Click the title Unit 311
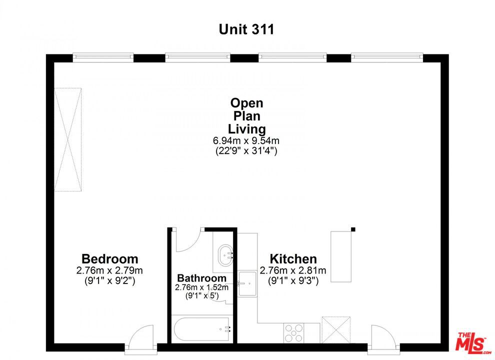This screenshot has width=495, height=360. (x=246, y=29)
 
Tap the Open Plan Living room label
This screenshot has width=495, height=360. (x=246, y=116)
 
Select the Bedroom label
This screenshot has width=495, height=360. (x=109, y=259)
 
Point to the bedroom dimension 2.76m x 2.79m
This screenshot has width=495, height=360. (x=109, y=270)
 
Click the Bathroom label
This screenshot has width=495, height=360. (x=201, y=278)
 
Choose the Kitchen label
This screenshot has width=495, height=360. (x=293, y=259)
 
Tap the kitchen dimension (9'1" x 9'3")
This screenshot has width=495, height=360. (x=293, y=280)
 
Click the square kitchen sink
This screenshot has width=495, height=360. (x=247, y=283)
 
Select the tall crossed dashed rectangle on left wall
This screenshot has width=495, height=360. (x=68, y=139)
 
